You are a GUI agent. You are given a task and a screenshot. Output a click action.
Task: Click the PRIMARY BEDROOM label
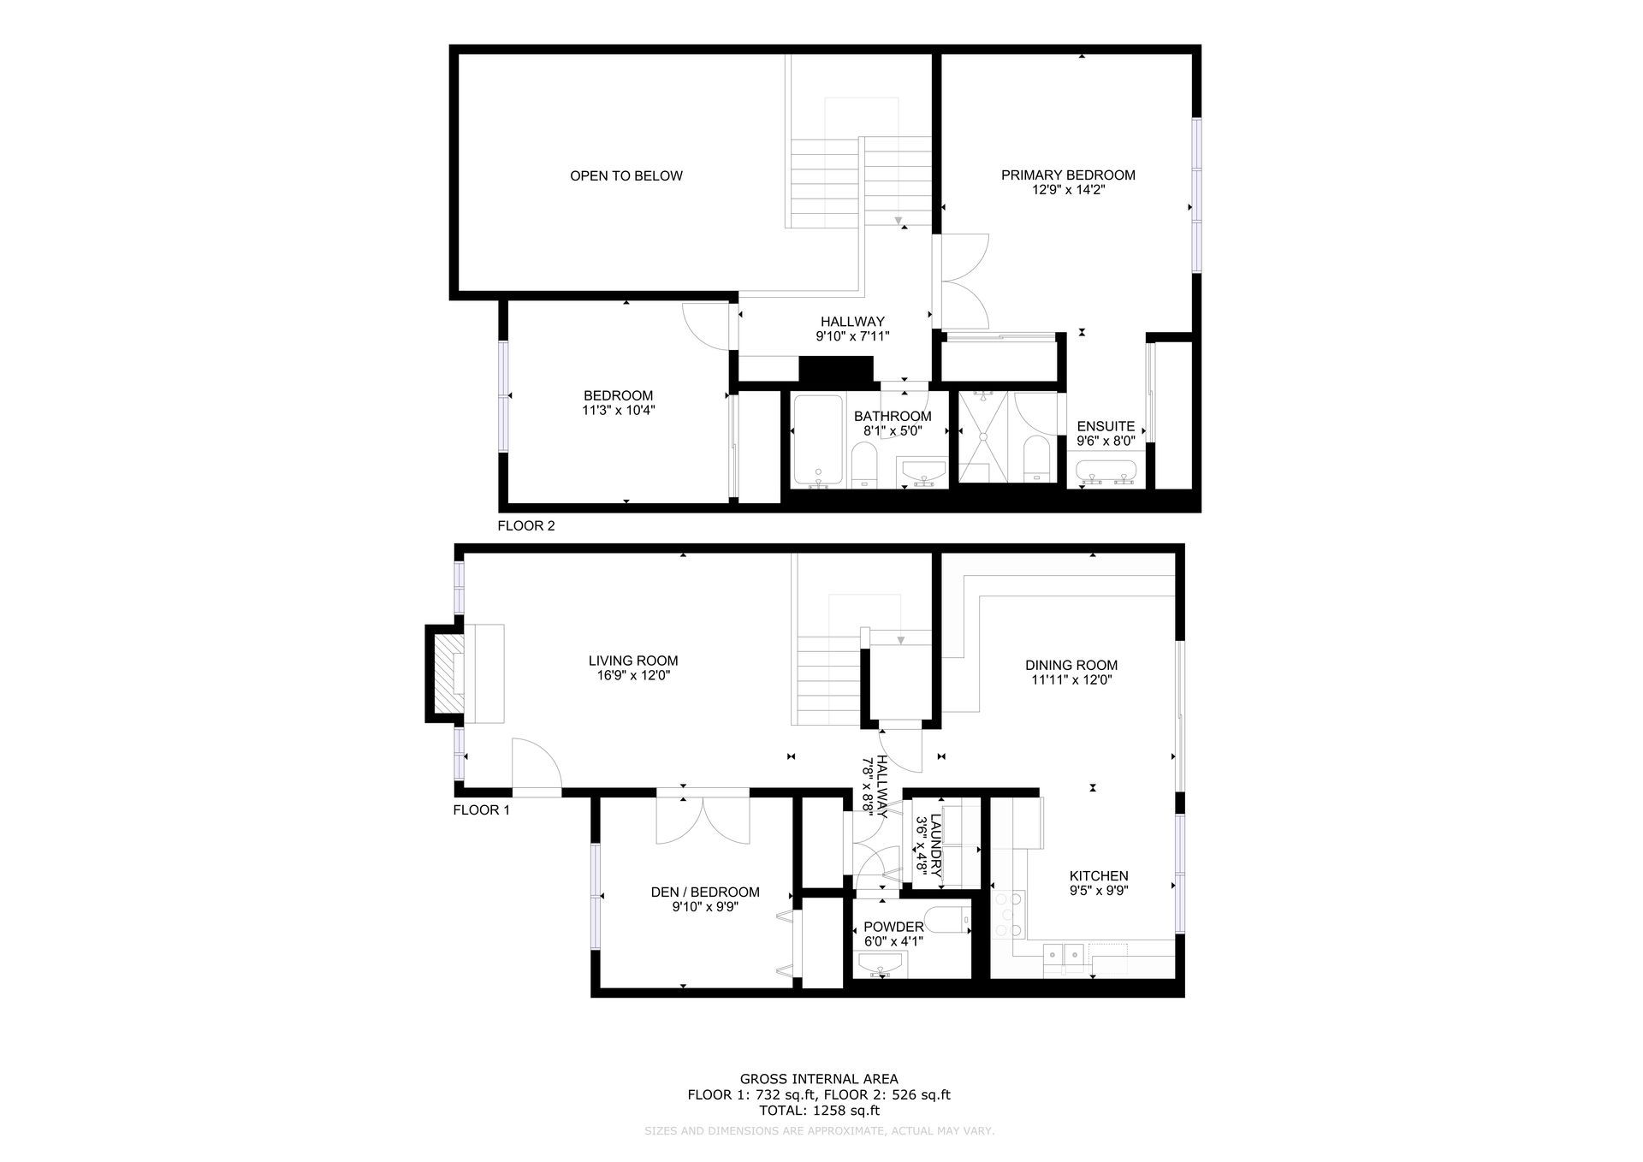point(1068,175)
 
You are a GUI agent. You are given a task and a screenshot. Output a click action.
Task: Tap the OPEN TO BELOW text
point(626,176)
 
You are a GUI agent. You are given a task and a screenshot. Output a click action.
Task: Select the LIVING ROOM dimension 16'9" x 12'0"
point(633,676)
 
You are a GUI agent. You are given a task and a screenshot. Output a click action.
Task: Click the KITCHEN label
point(1099,876)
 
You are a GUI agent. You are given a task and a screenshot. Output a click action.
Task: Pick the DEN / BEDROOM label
point(705,892)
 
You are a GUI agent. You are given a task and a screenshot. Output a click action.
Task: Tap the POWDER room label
point(893,927)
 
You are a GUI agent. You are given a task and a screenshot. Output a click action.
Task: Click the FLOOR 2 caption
point(526,526)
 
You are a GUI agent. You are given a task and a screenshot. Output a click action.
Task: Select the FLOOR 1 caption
point(481,810)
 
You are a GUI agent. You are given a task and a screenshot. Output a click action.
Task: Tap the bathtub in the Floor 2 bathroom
point(818,441)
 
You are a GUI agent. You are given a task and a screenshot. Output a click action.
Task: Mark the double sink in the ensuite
point(1106,471)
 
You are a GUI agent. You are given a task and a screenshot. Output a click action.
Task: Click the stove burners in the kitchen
point(1009,916)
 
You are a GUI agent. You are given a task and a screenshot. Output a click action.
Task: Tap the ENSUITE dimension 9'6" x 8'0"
point(1106,442)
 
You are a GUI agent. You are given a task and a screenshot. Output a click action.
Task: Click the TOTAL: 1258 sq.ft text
point(819,1111)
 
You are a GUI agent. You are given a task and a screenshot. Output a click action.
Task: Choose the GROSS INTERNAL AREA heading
point(819,1080)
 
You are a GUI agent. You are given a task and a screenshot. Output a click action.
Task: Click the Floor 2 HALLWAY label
point(851,322)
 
